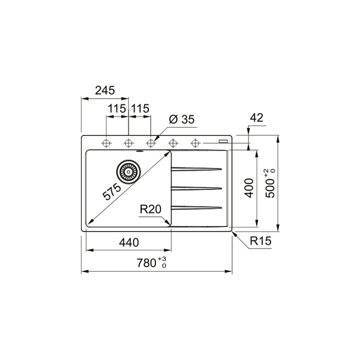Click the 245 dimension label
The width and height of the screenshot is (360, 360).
[x=104, y=90]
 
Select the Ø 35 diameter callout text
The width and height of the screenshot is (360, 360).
[x=181, y=119]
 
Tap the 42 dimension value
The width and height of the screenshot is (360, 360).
[x=256, y=118]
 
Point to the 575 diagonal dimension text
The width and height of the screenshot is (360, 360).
[x=111, y=191]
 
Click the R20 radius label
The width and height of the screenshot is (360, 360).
[x=150, y=209]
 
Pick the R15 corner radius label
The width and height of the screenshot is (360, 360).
[x=260, y=241]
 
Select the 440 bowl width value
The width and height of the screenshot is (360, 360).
[x=129, y=242]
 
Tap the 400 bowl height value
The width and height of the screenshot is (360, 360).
[x=249, y=188]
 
